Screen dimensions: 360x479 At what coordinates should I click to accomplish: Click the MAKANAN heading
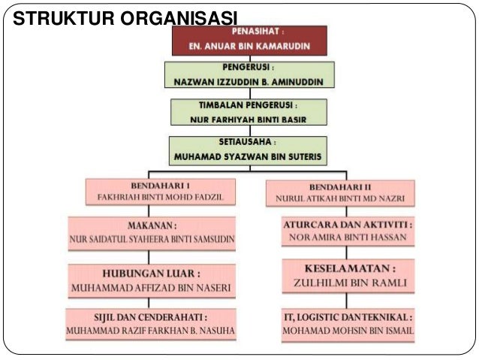click(x=152, y=225)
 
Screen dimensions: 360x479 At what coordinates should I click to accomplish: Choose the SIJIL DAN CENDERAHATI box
click(x=152, y=323)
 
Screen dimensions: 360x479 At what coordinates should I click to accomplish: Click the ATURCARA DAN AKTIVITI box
click(x=348, y=231)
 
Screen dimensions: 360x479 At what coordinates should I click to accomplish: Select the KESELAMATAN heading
click(x=348, y=268)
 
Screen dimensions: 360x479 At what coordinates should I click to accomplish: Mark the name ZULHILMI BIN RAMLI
click(x=348, y=284)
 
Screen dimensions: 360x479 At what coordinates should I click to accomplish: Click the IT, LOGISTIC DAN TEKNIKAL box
click(x=348, y=323)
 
